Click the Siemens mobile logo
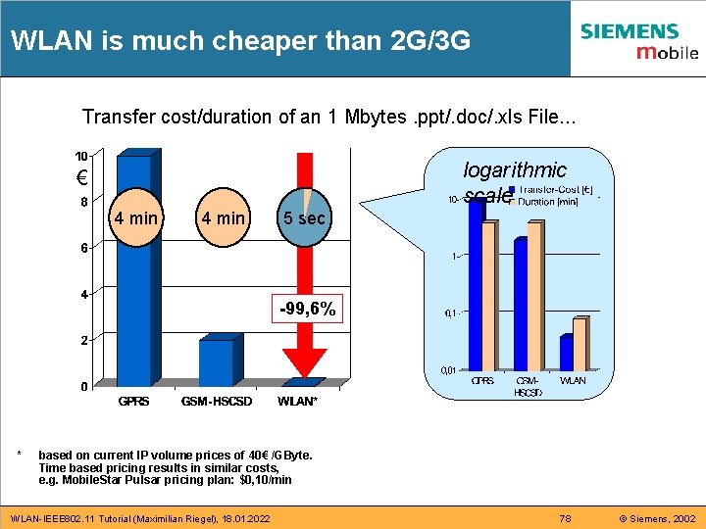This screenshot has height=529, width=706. click(638, 40)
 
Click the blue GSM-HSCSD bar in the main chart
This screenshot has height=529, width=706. click(216, 362)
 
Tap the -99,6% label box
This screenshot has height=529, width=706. click(308, 310)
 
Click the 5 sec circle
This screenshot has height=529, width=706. click(304, 217)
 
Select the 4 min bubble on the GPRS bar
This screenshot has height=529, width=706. click(135, 217)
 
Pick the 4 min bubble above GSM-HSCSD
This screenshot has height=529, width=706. click(223, 217)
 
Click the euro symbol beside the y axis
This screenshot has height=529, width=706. click(83, 180)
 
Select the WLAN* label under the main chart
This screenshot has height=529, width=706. click(298, 402)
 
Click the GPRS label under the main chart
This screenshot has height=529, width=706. click(133, 402)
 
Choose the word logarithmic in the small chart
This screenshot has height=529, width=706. click(515, 170)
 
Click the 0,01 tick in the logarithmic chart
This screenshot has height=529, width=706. click(447, 370)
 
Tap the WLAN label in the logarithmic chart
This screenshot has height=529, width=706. click(573, 380)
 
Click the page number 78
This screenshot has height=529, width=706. click(564, 517)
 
